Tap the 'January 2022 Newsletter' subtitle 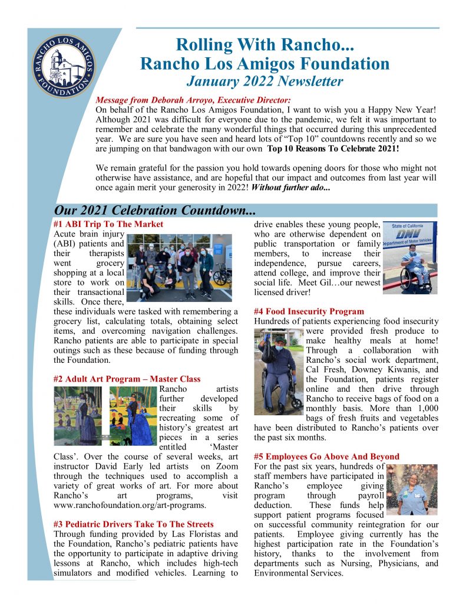click(x=264, y=81)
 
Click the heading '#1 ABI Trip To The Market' click(x=108, y=224)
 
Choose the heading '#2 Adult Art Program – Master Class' click(x=127, y=379)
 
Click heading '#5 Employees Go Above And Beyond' click(x=326, y=456)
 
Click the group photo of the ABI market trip click(x=180, y=267)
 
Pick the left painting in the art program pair click(x=78, y=416)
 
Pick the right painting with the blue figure click(x=133, y=416)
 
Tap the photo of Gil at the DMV click(x=410, y=258)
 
